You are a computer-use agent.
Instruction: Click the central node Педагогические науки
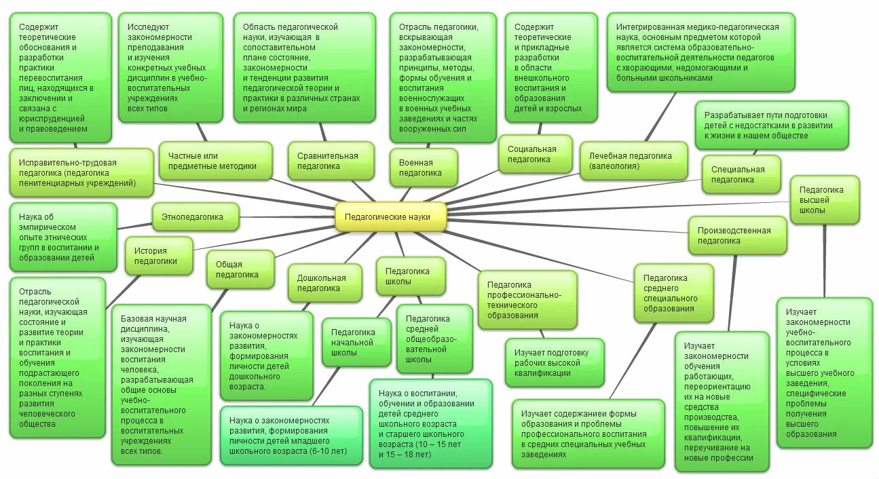coord(391,217)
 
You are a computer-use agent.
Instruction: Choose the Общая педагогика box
coord(241,269)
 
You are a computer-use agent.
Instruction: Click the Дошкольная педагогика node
coord(322,282)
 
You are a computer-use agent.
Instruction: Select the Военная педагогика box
coord(421,168)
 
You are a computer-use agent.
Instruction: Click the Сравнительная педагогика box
coord(331,161)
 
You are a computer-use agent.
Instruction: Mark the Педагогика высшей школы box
coord(825,199)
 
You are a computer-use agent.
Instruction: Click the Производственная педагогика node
coord(737,235)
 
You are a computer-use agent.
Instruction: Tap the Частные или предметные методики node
coord(215,161)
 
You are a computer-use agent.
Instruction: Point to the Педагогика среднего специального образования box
coord(673,293)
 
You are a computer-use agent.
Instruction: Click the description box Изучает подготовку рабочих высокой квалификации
coord(554,363)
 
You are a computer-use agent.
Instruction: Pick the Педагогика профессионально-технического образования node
coord(527,300)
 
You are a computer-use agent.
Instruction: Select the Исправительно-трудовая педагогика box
coord(81,173)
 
